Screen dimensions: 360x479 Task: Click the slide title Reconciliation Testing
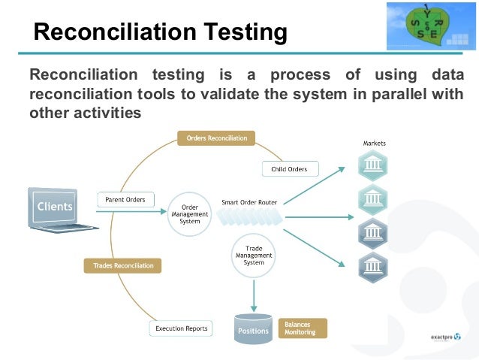(161, 32)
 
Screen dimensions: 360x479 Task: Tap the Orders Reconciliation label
(216, 138)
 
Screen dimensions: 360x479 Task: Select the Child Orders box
(289, 169)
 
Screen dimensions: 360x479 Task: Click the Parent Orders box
(125, 199)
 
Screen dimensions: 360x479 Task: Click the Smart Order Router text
(249, 202)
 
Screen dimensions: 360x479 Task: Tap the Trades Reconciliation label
(123, 265)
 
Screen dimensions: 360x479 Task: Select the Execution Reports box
(181, 328)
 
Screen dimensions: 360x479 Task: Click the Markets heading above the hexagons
(374, 144)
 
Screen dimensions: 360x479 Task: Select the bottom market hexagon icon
(373, 266)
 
